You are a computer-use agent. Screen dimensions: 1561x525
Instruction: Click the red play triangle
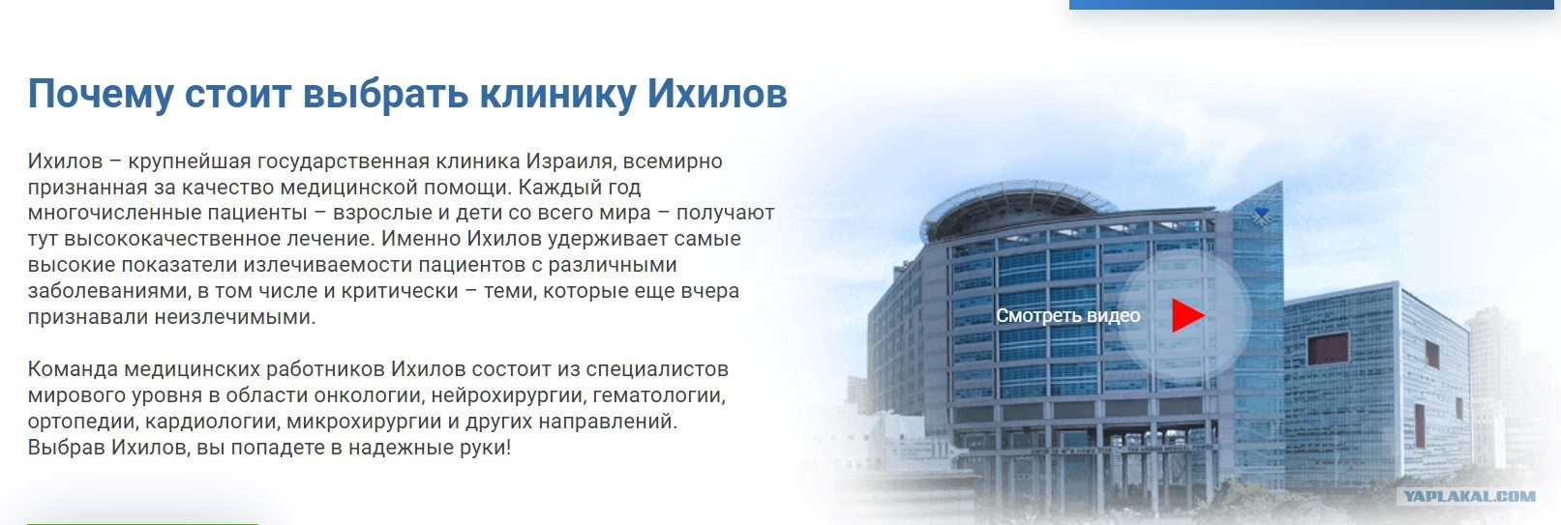[1186, 315]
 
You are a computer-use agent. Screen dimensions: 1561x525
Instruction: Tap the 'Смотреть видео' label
[1067, 315]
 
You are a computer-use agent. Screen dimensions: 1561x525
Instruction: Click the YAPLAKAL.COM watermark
[1470, 496]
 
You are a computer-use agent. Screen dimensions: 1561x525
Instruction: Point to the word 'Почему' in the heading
[101, 94]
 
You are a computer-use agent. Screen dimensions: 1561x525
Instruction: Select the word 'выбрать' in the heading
[384, 94]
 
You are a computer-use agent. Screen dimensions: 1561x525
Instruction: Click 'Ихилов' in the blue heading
[717, 94]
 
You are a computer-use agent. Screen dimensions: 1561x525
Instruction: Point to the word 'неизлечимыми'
[234, 317]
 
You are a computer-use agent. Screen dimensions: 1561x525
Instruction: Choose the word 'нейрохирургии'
[509, 395]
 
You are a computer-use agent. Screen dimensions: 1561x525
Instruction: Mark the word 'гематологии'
[659, 395]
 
